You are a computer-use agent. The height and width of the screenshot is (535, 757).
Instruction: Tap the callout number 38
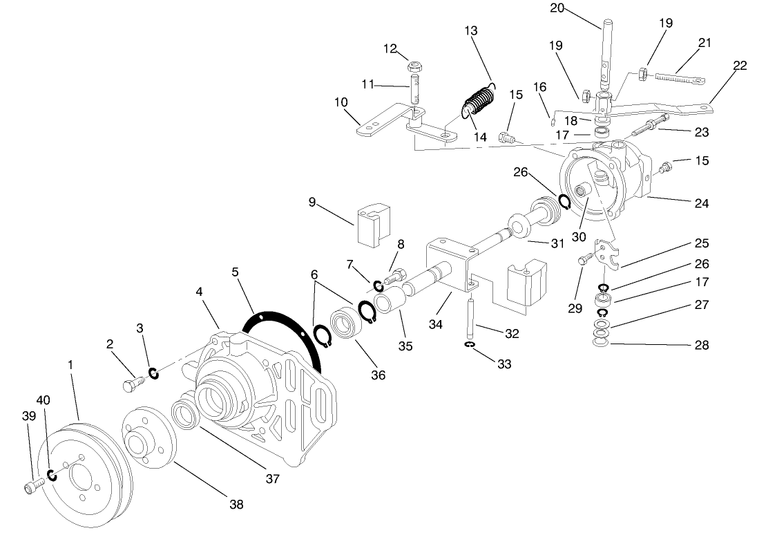click(236, 505)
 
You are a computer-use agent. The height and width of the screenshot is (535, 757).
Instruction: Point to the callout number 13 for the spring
click(471, 31)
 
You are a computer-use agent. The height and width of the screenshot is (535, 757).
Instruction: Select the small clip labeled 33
click(470, 344)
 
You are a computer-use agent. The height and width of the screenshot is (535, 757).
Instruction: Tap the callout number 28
click(701, 344)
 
